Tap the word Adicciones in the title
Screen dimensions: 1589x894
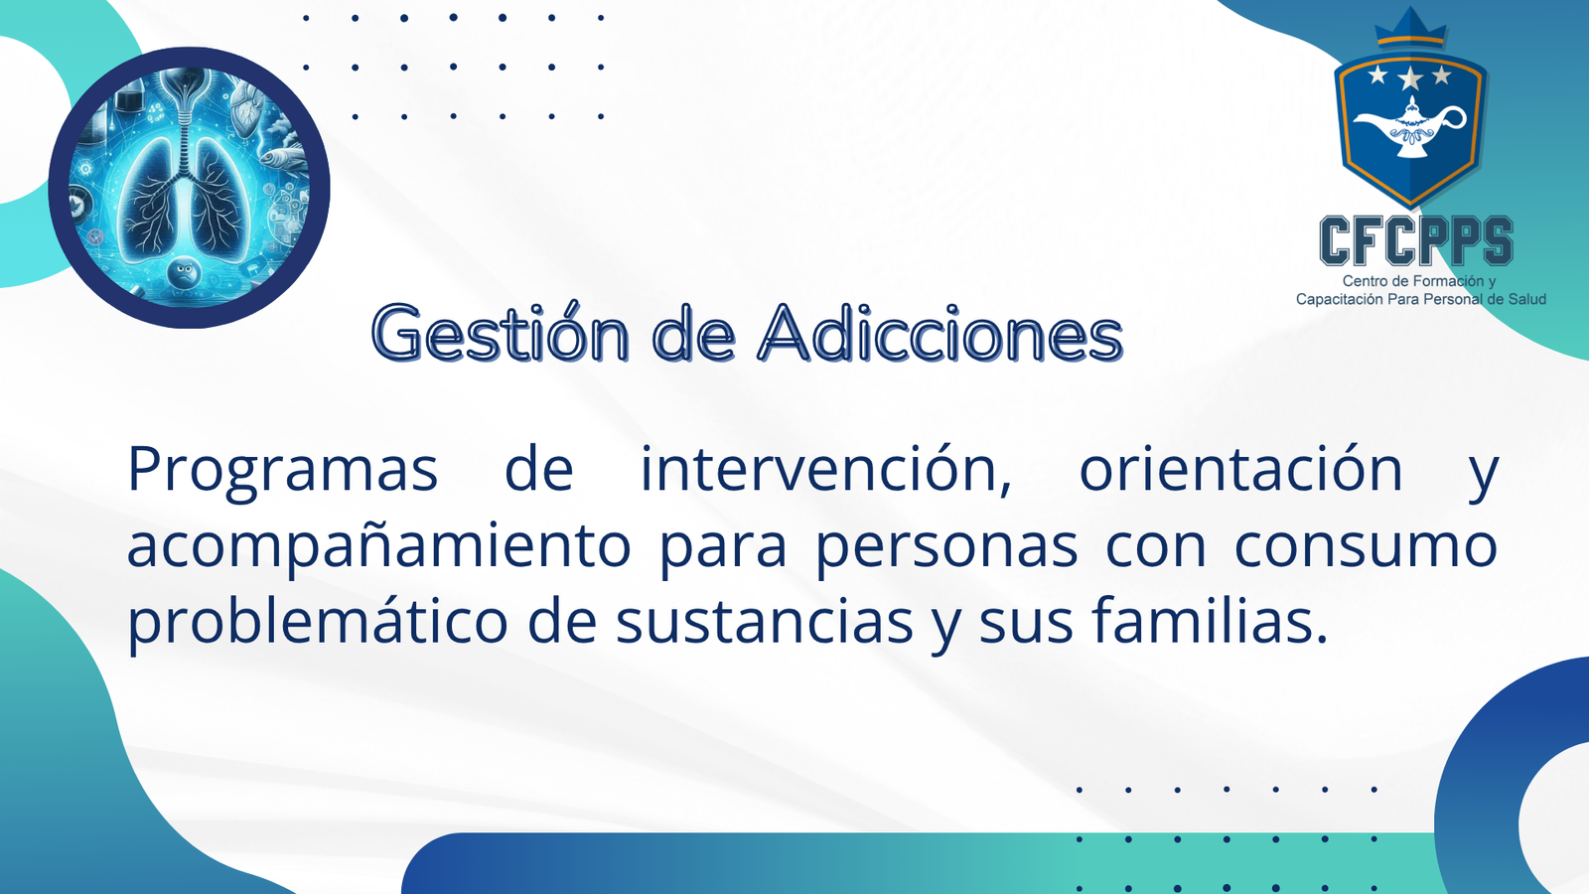coord(939,332)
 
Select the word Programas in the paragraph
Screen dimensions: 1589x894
coord(282,471)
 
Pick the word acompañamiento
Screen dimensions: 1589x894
coord(378,547)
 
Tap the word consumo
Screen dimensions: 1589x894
coord(1366,547)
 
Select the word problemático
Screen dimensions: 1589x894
coord(318,620)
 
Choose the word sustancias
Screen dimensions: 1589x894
coord(764,622)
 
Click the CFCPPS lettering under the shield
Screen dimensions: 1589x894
coord(1416,240)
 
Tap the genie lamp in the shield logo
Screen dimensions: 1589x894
coord(1409,129)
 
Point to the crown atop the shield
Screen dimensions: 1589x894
coord(1410,29)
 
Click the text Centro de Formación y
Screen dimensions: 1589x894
coord(1418,281)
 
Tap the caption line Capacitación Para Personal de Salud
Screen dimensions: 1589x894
coord(1421,299)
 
